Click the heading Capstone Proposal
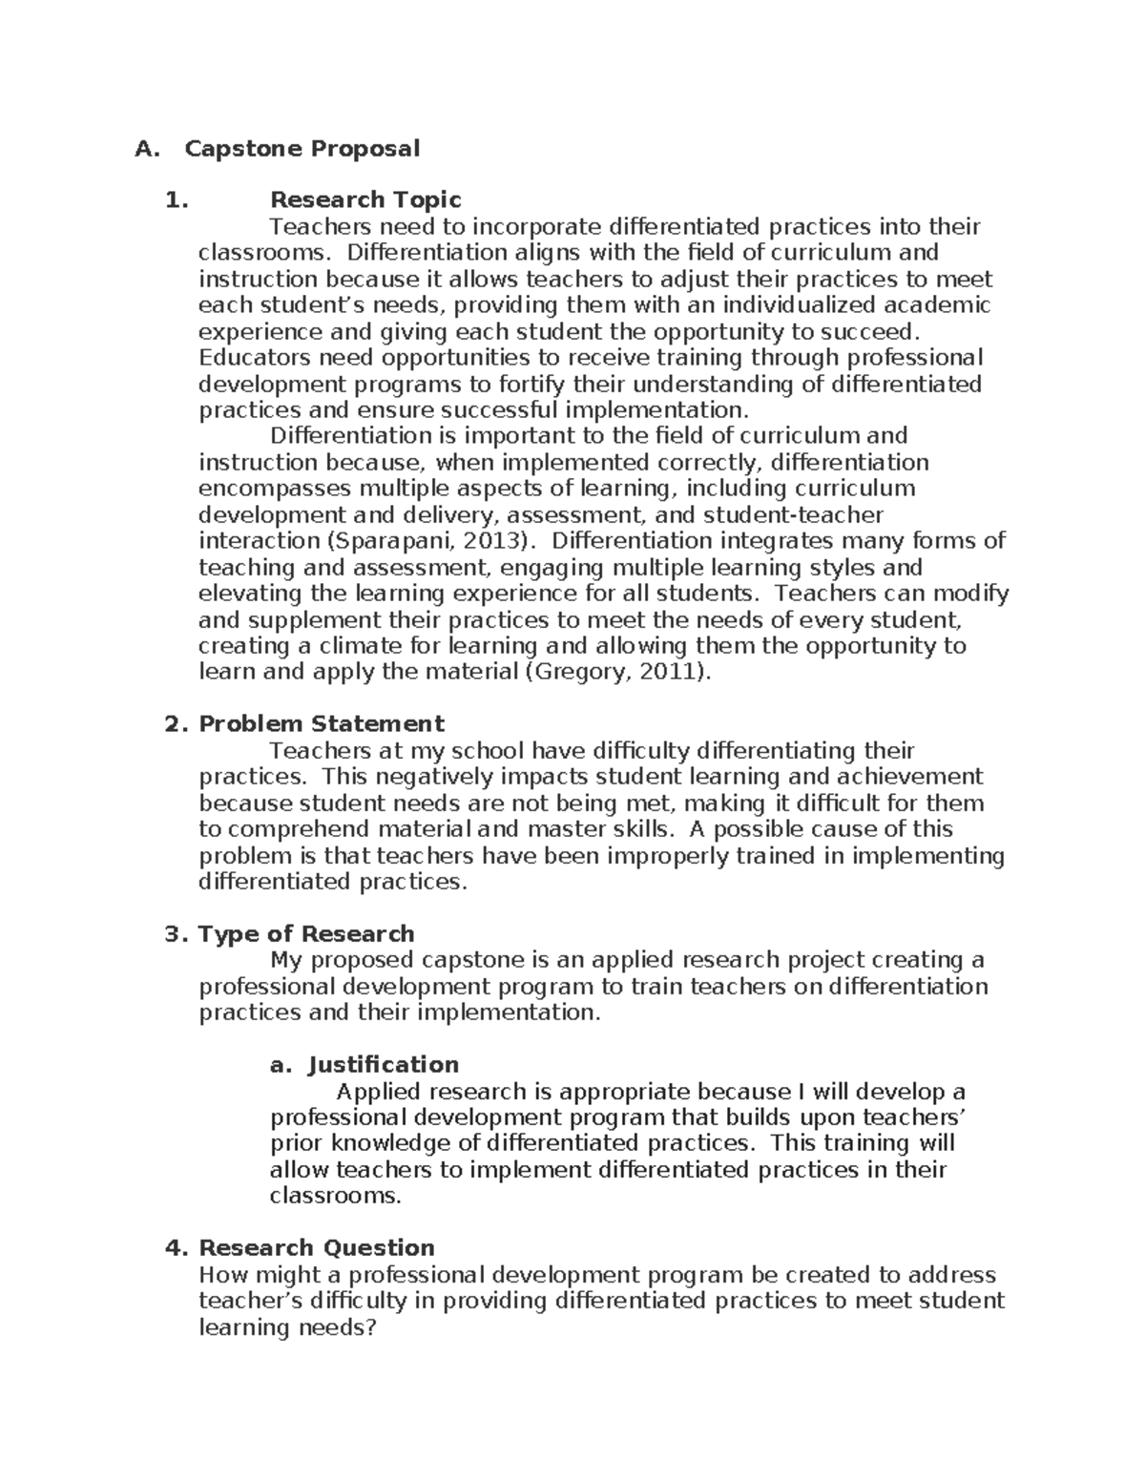302,149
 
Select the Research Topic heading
365,200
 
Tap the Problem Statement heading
321,724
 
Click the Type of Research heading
305,934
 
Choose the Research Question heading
316,1248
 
